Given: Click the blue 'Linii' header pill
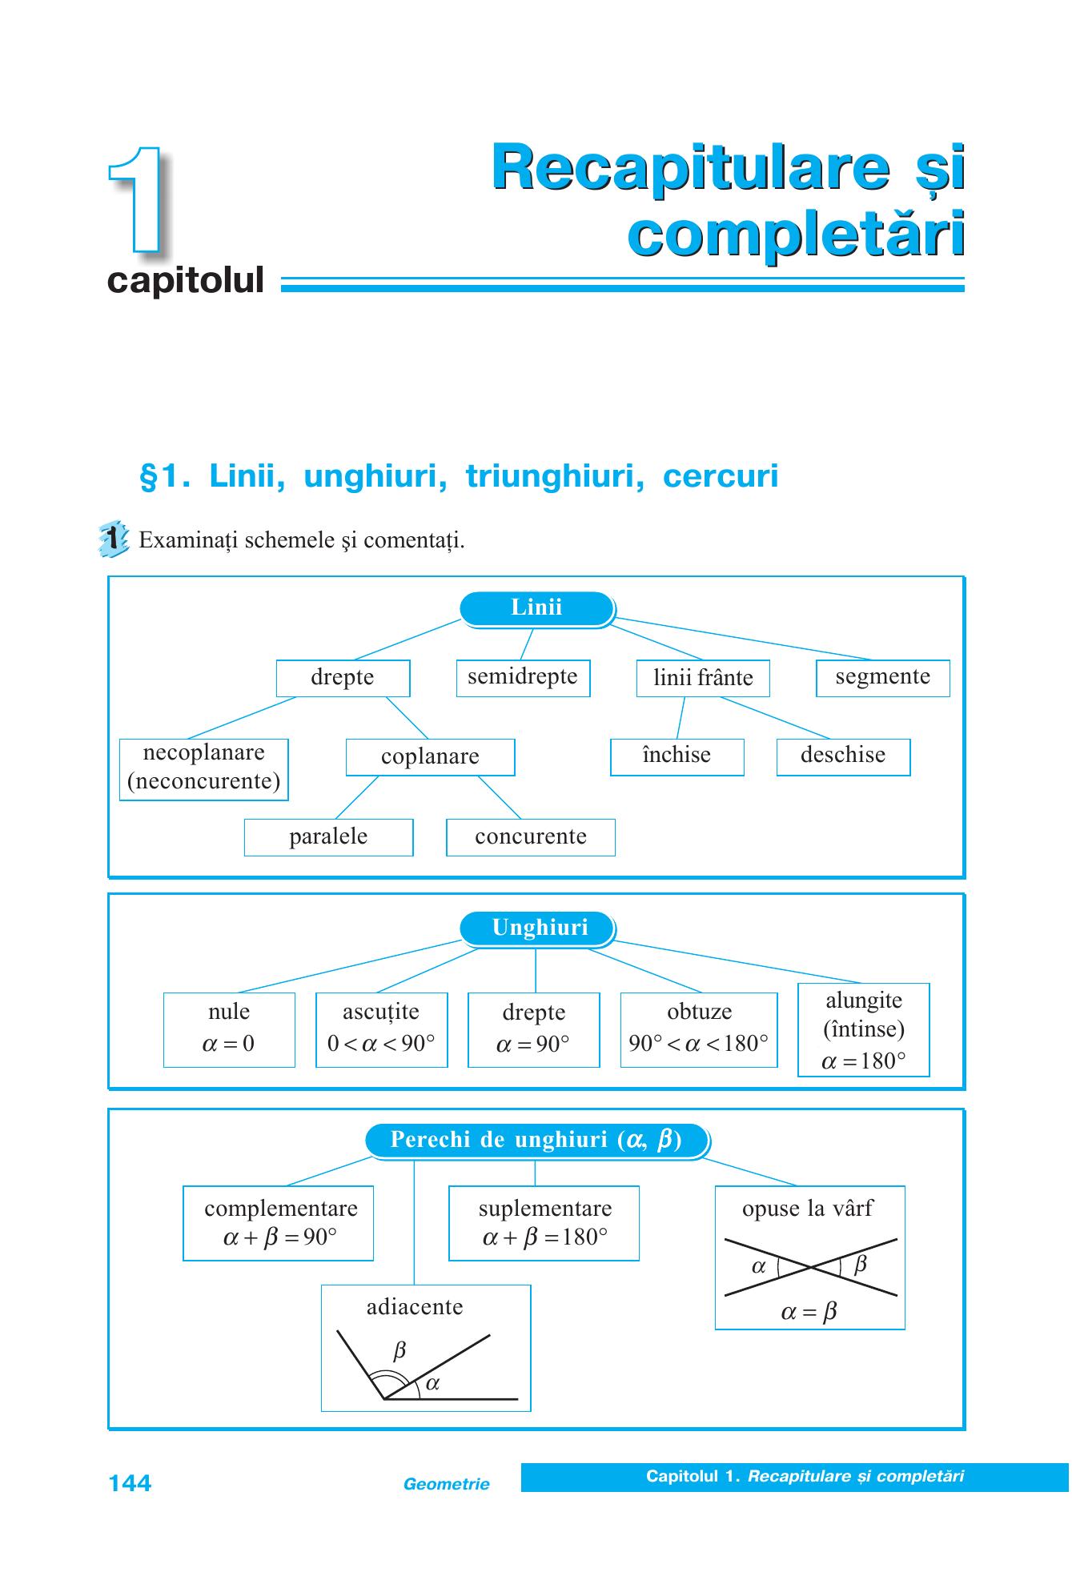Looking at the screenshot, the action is click(x=536, y=608).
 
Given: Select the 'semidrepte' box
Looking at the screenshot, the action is click(x=523, y=678).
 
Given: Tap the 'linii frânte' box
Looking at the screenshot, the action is click(x=703, y=678).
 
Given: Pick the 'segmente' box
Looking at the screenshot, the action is click(x=882, y=678).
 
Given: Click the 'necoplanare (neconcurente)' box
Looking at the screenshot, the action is click(x=203, y=769).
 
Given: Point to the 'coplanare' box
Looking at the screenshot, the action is click(x=430, y=757).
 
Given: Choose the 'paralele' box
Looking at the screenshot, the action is click(x=328, y=837).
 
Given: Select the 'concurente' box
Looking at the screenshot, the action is click(x=531, y=837).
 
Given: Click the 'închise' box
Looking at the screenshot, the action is click(x=677, y=757).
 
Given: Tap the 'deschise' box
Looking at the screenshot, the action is click(x=843, y=757).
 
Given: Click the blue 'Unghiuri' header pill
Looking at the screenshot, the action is click(x=536, y=928).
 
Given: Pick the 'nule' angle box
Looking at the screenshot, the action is click(x=229, y=1029).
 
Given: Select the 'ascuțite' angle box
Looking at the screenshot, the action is click(x=381, y=1029).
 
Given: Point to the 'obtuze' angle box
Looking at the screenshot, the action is click(x=699, y=1029).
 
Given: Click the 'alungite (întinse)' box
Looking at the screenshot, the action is click(x=864, y=1029).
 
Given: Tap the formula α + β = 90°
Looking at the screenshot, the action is click(x=279, y=1237).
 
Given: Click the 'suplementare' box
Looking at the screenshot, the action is click(x=544, y=1223).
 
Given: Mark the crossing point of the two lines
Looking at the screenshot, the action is click(x=811, y=1267).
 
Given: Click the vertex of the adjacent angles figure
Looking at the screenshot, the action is click(x=385, y=1399).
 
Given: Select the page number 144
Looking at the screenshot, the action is click(x=130, y=1483).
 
